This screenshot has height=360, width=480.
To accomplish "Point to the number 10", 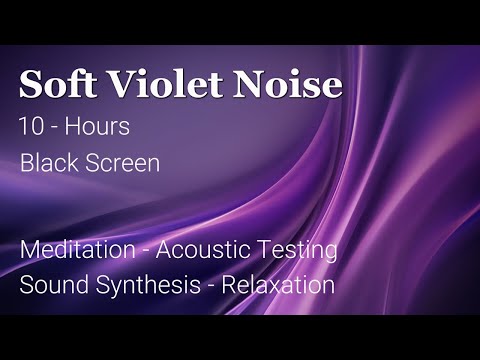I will point(30,128).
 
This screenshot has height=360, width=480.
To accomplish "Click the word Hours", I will point(103,128).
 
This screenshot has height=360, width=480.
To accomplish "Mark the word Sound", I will point(47,284).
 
